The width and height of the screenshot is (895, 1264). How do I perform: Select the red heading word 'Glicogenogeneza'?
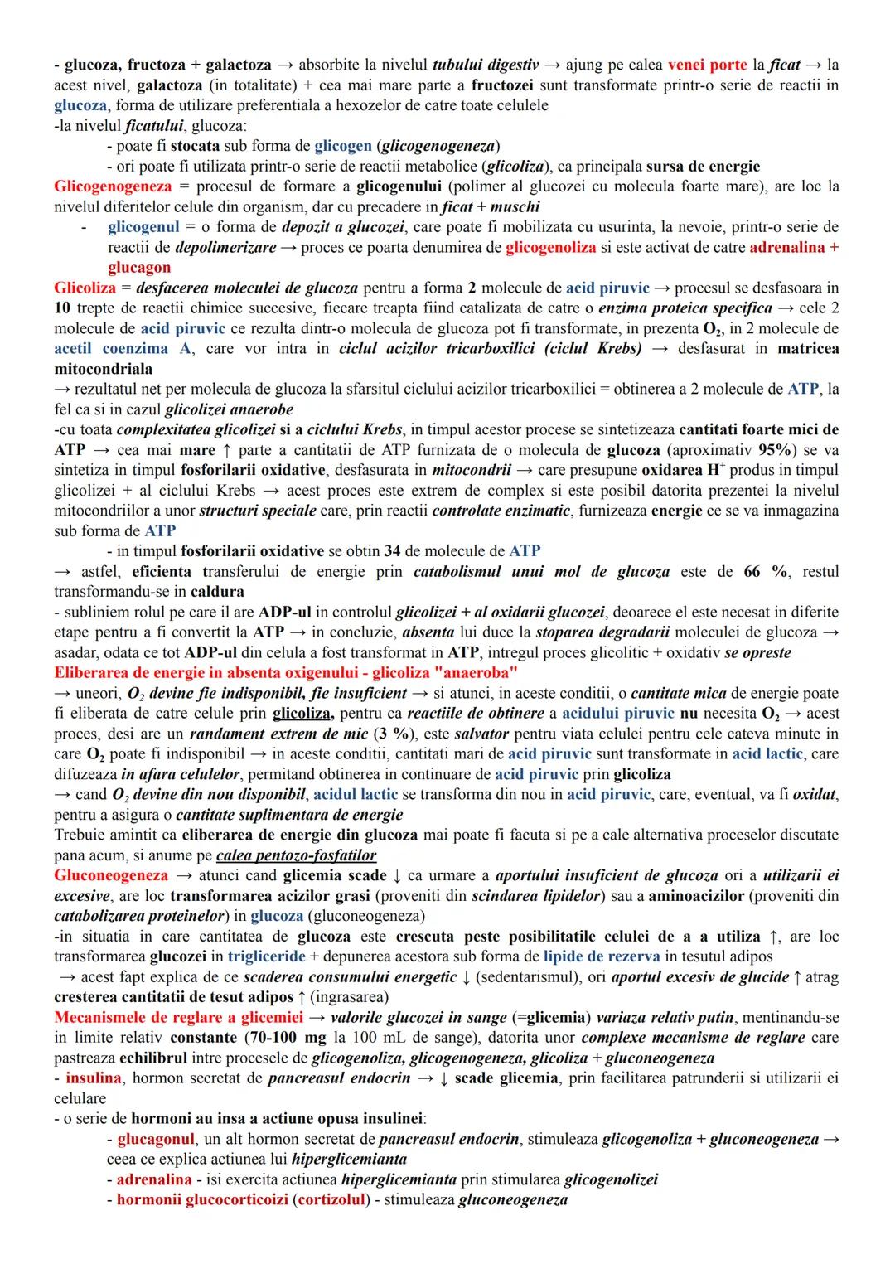tap(113, 186)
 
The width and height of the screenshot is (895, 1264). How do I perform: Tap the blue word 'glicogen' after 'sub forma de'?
tap(343, 146)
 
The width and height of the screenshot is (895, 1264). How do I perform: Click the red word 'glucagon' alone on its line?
tap(139, 268)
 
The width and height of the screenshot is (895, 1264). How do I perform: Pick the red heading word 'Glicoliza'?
tap(85, 288)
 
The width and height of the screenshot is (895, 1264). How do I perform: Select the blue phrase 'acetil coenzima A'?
tap(122, 349)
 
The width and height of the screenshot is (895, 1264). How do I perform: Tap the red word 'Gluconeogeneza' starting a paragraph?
tap(110, 876)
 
